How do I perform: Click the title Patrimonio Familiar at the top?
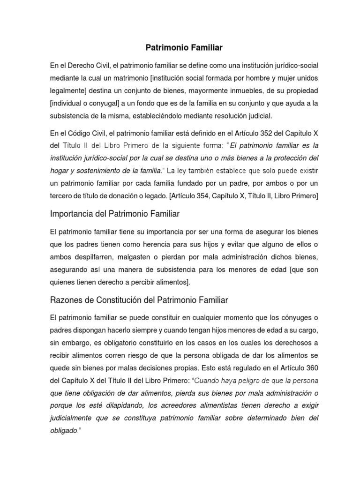click(x=180, y=47)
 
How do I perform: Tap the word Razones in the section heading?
click(x=66, y=299)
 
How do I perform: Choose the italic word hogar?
click(x=60, y=172)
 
